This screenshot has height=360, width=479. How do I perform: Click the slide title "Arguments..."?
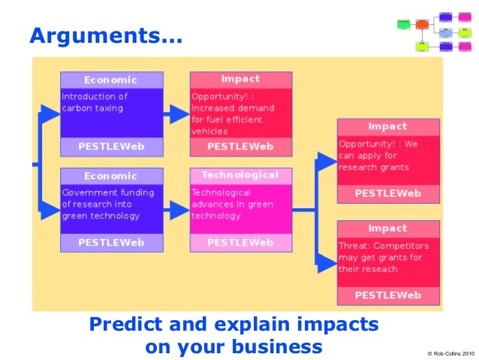105,35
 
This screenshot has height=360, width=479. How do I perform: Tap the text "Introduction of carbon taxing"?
95,102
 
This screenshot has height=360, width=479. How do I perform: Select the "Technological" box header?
240,175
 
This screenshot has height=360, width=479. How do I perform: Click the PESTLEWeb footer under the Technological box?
240,243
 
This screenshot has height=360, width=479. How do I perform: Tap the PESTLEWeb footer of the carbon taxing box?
111,146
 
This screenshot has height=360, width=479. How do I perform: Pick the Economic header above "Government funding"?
111,176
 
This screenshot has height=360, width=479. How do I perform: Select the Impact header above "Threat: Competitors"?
387,228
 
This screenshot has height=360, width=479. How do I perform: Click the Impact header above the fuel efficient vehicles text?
240,79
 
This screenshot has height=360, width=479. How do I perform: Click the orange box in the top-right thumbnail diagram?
422,24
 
